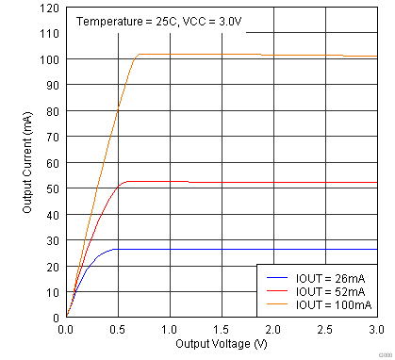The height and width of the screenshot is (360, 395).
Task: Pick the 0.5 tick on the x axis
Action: pos(117,330)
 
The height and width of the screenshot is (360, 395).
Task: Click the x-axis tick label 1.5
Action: pos(221,330)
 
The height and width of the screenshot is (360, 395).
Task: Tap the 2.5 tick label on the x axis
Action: pos(324,330)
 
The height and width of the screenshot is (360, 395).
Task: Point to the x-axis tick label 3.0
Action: pos(374,330)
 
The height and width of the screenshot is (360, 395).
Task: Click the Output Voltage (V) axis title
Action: pos(221,346)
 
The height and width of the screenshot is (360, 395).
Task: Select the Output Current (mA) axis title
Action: pos(27,163)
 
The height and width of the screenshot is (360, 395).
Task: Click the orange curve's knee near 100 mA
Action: pos(138,56)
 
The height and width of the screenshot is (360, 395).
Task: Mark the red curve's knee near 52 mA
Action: pos(125,182)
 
